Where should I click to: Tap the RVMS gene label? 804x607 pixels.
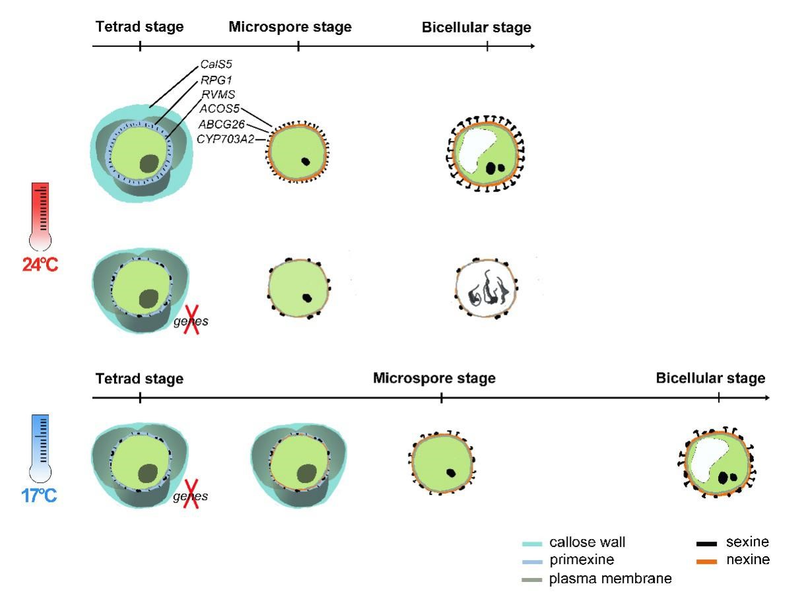click(x=218, y=95)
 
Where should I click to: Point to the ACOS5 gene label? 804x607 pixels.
click(x=219, y=110)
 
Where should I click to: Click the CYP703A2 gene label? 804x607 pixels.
click(x=225, y=139)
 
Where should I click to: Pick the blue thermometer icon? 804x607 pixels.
click(x=40, y=447)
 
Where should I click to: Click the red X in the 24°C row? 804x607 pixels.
click(x=192, y=321)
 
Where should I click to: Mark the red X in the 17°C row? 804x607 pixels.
click(x=191, y=496)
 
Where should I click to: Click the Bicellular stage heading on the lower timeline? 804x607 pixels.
click(x=710, y=379)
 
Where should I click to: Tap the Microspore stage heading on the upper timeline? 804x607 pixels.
click(x=290, y=27)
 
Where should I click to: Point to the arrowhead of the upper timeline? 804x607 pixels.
click(x=531, y=47)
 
